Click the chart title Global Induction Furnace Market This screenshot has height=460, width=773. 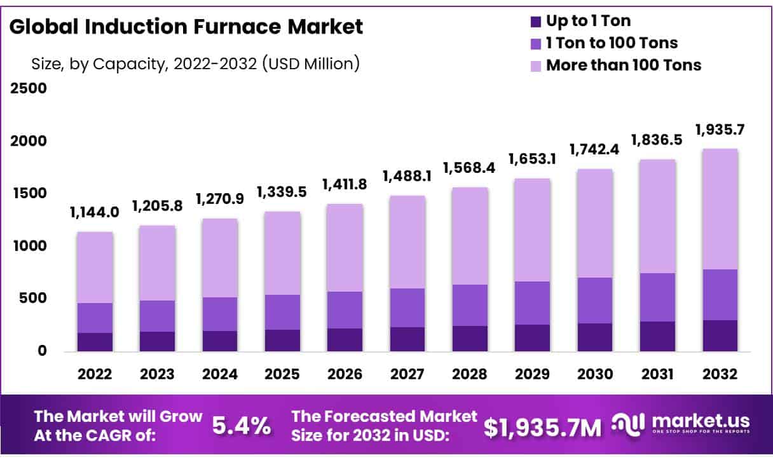point(186,27)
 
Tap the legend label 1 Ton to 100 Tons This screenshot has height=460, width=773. point(612,43)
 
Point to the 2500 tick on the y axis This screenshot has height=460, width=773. point(28,88)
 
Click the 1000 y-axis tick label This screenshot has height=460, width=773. point(28,245)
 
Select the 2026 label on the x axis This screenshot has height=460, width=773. point(345,374)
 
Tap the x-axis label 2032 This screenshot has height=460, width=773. point(720,374)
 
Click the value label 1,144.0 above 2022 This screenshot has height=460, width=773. point(95,213)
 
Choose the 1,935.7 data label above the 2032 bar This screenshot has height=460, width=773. point(720,130)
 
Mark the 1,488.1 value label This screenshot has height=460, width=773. point(407,176)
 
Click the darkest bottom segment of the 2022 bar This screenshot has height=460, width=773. point(95,342)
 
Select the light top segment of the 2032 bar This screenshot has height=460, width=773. point(720,209)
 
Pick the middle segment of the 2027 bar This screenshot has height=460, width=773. point(407,308)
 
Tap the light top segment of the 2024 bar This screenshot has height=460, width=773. point(220,258)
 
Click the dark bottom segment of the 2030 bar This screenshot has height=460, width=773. point(594,337)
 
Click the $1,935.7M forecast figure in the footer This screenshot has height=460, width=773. point(542,428)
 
